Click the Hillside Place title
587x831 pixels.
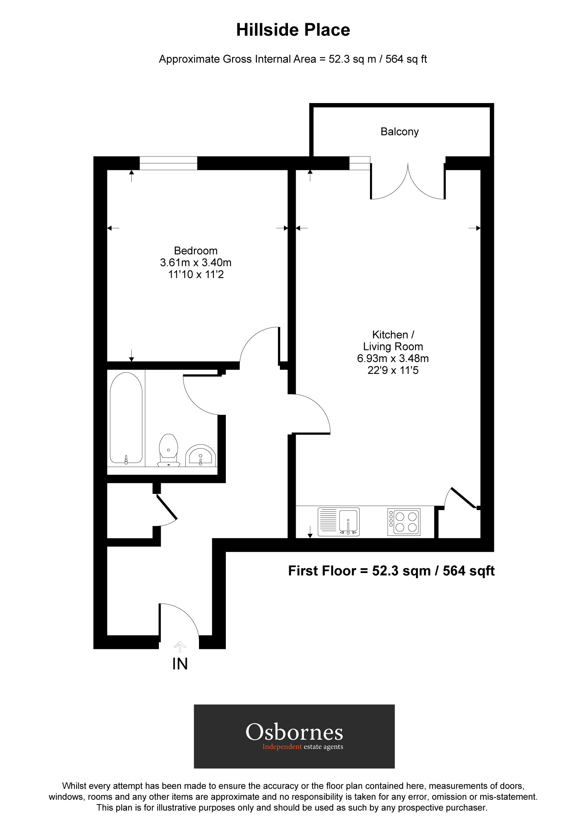[293, 30]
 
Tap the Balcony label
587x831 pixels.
[399, 132]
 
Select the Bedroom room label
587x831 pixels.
[196, 251]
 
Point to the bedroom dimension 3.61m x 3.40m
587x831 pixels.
[196, 263]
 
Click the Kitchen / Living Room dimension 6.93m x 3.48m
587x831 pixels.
[393, 358]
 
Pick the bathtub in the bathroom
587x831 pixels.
[126, 418]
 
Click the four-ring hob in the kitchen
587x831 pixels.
[404, 522]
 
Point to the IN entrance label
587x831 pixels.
[180, 664]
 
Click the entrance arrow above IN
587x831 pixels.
[180, 647]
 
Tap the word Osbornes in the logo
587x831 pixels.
[294, 732]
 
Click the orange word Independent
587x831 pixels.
[282, 747]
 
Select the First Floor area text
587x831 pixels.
[391, 571]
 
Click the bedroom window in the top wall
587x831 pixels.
[168, 163]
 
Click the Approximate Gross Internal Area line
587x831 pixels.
[293, 59]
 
